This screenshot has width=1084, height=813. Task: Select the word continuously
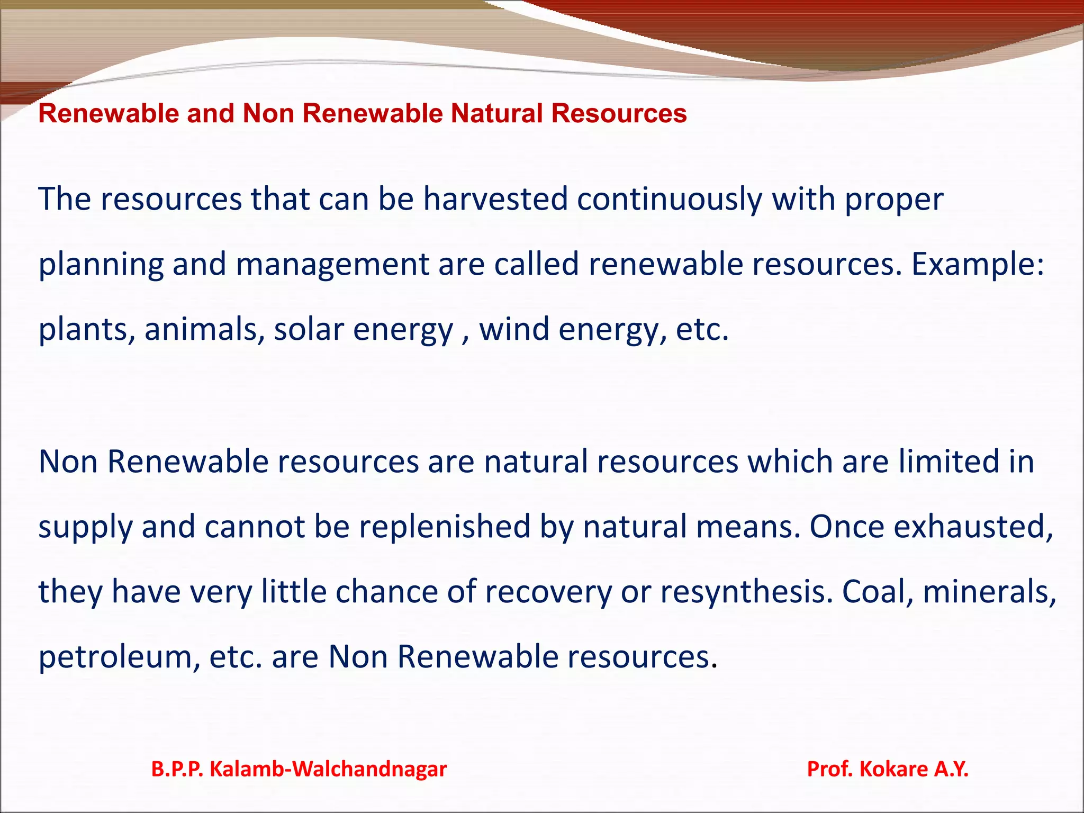pos(670,200)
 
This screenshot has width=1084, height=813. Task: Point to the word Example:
pos(978,265)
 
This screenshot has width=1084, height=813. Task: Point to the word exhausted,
pos(974,527)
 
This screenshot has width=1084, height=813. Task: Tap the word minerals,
pos(990,592)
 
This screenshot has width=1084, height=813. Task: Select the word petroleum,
pos(119,657)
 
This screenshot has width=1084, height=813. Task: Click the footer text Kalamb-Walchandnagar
pos(328,769)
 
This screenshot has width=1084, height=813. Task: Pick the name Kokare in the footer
pos(893,769)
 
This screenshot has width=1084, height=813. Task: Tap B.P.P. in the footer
pos(177,769)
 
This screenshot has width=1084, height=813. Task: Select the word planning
pos(101,265)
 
